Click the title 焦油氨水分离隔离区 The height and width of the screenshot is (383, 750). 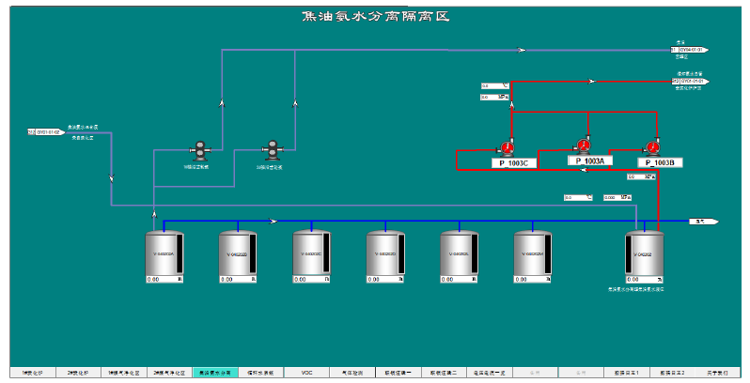375,16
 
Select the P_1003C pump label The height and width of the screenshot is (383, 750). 513,163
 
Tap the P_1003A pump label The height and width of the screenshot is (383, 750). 590,161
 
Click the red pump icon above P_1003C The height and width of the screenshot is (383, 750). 508,147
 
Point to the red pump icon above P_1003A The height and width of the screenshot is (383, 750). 583,145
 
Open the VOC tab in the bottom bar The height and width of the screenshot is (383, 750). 306,373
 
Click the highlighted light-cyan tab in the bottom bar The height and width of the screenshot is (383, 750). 214,373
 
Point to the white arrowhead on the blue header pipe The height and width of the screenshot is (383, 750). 273,222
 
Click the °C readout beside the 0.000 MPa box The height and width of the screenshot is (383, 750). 577,197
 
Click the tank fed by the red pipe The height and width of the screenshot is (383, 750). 645,253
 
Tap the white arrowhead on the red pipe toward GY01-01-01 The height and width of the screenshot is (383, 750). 591,81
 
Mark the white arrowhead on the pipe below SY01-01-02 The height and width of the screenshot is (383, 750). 112,176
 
